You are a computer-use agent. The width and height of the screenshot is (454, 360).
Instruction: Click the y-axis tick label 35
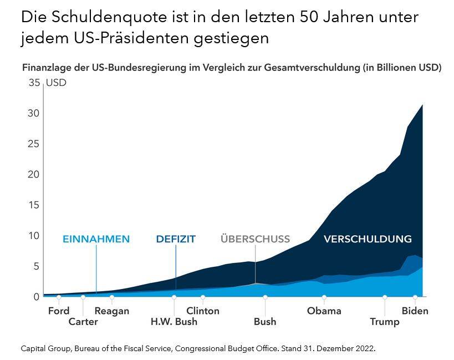click(x=34, y=83)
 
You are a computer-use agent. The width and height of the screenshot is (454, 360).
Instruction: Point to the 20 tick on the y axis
click(x=34, y=174)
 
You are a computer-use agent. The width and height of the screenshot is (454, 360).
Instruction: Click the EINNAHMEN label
click(x=96, y=239)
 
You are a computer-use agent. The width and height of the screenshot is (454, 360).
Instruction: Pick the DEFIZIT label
click(x=176, y=239)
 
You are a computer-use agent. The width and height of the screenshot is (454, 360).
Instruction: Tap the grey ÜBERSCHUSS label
click(x=255, y=239)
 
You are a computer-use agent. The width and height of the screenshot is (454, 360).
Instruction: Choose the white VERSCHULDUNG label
click(x=368, y=239)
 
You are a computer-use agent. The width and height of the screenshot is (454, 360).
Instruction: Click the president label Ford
click(x=59, y=311)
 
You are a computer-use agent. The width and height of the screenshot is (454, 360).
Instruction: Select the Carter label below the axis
click(x=83, y=322)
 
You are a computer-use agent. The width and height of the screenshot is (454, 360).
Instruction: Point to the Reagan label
click(x=112, y=311)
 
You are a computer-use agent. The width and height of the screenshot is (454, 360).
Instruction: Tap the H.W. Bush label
click(x=174, y=322)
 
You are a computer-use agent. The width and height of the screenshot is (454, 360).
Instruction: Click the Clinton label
click(x=203, y=311)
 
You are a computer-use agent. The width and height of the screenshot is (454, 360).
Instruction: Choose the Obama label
click(x=324, y=311)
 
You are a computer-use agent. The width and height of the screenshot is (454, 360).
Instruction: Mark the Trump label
click(x=385, y=322)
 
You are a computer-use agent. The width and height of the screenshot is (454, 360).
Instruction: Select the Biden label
click(x=415, y=311)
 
